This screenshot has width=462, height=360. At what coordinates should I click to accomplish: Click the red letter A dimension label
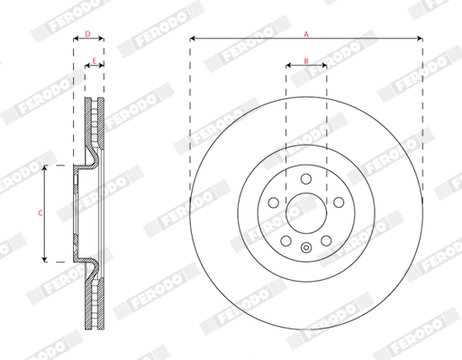[306, 33]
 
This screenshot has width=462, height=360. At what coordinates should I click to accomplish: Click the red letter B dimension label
[306, 60]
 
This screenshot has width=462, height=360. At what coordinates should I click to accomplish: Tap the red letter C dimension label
[39, 213]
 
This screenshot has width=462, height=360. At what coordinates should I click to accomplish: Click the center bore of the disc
[306, 213]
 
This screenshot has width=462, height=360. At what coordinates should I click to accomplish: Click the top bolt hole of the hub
[306, 177]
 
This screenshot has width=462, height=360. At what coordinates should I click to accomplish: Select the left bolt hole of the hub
[273, 202]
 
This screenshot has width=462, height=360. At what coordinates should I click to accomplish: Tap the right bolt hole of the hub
[340, 202]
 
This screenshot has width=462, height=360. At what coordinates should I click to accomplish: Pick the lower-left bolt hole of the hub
[285, 241]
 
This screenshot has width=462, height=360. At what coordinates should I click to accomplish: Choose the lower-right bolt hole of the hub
[327, 241]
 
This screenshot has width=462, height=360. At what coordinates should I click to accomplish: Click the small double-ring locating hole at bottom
[306, 249]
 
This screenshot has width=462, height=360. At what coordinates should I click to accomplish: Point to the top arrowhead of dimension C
[46, 168]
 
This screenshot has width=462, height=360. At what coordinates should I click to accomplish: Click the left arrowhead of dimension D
[75, 39]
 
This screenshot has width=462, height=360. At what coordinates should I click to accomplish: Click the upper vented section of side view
[95, 126]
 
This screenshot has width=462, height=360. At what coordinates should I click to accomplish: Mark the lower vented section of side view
[95, 301]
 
